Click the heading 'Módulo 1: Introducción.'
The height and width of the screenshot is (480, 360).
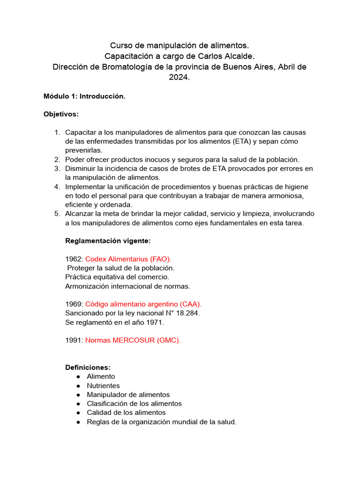(x=84, y=96)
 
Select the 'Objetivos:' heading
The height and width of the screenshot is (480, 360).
(x=61, y=114)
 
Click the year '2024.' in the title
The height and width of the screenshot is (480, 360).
(x=180, y=78)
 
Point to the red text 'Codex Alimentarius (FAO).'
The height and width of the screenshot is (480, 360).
(x=128, y=259)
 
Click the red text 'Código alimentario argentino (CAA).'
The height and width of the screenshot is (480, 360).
(x=143, y=304)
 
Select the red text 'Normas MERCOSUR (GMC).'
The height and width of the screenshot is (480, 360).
(x=133, y=340)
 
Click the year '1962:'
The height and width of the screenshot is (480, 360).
(x=74, y=259)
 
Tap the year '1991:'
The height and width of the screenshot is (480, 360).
(x=74, y=340)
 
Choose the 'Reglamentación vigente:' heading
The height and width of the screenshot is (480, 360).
(x=108, y=241)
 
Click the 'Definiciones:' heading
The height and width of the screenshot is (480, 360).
(x=88, y=367)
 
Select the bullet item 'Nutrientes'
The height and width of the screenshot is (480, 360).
(x=103, y=385)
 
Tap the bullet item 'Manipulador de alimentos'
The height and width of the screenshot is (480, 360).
(x=128, y=395)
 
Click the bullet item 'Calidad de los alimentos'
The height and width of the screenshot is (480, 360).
(x=126, y=412)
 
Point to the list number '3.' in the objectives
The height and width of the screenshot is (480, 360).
(x=57, y=168)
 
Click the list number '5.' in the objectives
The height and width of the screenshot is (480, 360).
(x=57, y=214)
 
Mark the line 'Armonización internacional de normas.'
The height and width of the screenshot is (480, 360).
(x=127, y=286)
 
